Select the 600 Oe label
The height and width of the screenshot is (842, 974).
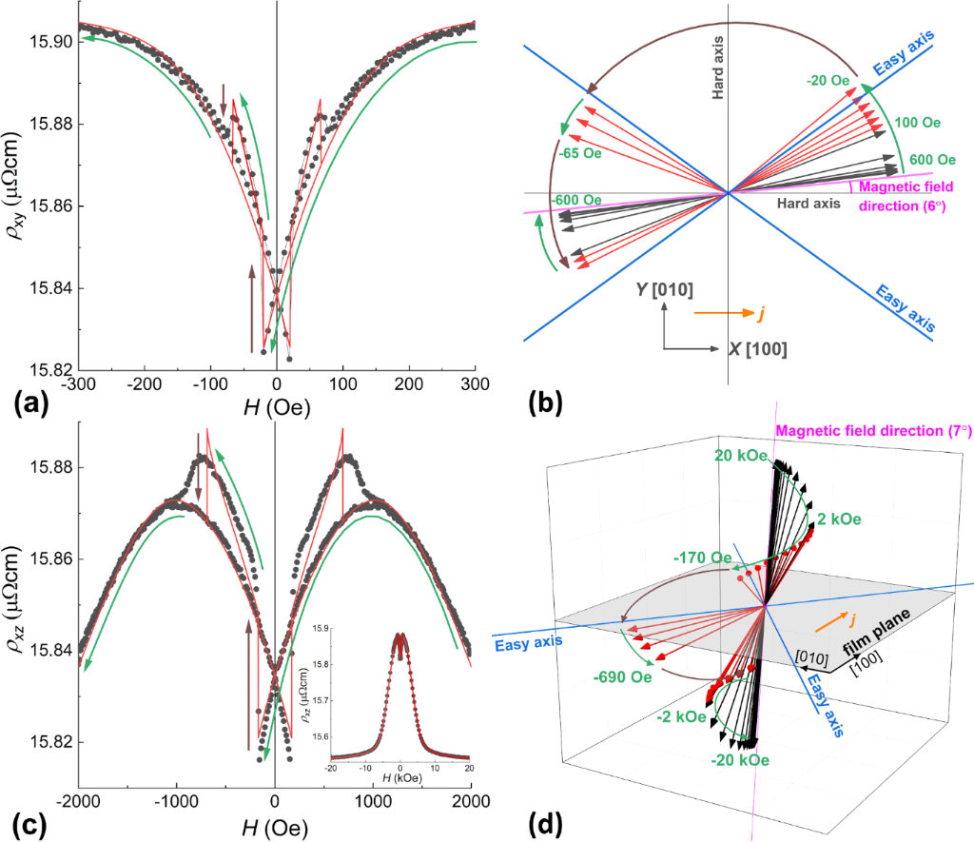[x=933, y=160]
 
